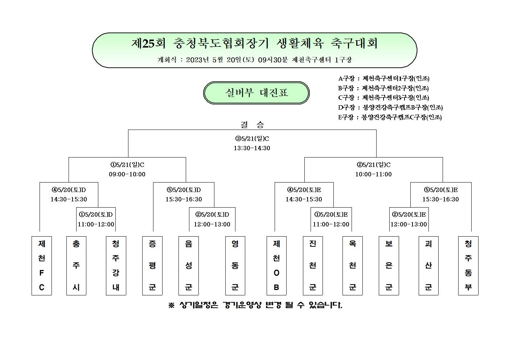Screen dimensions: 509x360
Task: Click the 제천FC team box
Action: click(42, 266)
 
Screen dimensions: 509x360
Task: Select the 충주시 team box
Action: click(76, 266)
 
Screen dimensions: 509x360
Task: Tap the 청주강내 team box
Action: click(116, 266)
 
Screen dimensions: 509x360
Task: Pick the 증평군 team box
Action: click(152, 266)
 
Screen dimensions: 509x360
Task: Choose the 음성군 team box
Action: click(189, 266)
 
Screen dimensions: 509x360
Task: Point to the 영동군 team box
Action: click(235, 266)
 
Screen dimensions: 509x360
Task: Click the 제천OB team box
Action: click(276, 266)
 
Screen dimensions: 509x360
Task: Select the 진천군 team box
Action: click(313, 266)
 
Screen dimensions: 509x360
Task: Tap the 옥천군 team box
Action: click(352, 266)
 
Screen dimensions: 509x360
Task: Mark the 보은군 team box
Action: click(389, 266)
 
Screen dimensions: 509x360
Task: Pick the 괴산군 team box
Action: click(428, 266)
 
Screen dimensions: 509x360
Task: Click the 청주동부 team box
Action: click(468, 266)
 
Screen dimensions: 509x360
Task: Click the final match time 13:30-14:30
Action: click(252, 148)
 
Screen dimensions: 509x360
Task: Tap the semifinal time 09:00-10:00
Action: click(127, 174)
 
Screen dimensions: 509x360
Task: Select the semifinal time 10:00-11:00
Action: click(374, 174)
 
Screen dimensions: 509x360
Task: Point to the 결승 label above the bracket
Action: click(252, 124)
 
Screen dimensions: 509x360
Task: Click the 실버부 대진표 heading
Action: click(256, 93)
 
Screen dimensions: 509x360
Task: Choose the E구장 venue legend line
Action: click(390, 117)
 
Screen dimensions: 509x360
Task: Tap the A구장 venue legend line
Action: click(384, 79)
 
